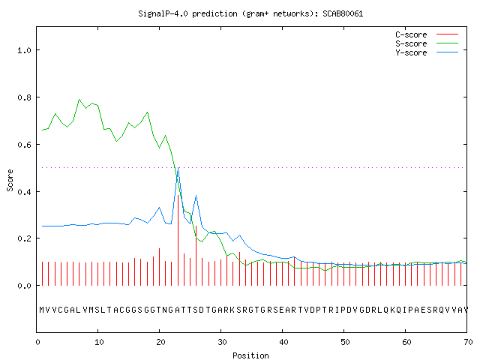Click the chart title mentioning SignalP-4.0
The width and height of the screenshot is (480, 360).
tap(250, 13)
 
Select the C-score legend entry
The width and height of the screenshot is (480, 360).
tap(427, 34)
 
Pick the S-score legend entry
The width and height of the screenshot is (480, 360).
tap(427, 43)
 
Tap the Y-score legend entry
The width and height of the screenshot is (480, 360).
tap(427, 52)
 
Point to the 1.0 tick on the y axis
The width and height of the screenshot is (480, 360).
tap(24, 50)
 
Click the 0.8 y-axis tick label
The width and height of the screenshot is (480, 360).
tap(24, 97)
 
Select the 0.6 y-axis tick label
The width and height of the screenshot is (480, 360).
tap(24, 145)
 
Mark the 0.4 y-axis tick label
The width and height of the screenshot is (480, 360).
tap(24, 192)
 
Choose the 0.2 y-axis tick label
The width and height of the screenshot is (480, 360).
tap(24, 238)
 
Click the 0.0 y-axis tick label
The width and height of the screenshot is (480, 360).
tap(24, 286)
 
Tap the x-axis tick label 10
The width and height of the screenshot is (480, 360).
tap(99, 342)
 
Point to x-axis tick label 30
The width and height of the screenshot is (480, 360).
tap(222, 342)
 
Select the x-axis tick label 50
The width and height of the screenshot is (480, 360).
tap(345, 342)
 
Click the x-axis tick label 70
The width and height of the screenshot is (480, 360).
tap(468, 342)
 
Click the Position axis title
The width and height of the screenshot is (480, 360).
tap(250, 355)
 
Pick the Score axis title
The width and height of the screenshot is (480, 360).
tap(10, 180)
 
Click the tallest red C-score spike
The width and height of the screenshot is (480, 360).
tap(178, 240)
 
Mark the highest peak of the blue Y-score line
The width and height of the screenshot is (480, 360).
tap(178, 168)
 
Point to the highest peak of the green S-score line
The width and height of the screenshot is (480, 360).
tap(79, 100)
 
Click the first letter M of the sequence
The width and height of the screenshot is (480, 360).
tap(42, 310)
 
